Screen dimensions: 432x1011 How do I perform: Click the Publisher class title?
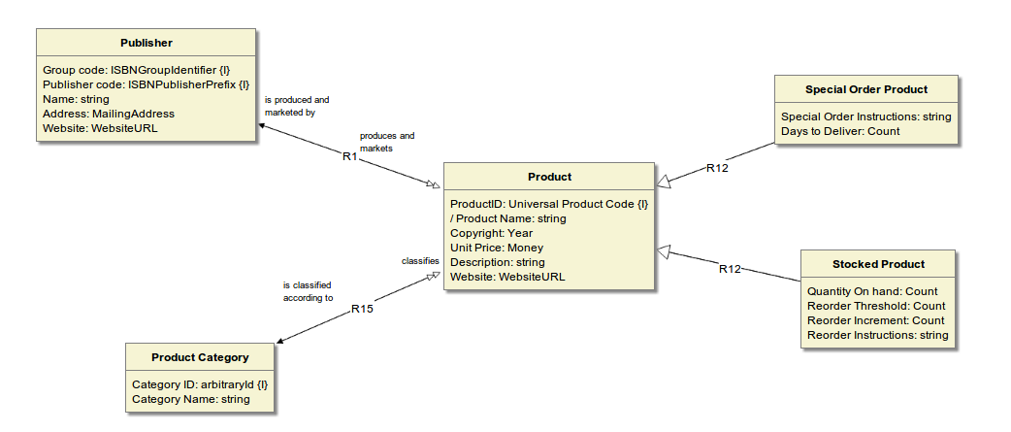pyautogui.click(x=147, y=43)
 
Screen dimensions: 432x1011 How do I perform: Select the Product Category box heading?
pyautogui.click(x=200, y=357)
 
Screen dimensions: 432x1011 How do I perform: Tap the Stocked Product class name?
pyautogui.click(x=878, y=264)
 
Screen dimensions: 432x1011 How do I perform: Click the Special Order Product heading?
pyautogui.click(x=866, y=89)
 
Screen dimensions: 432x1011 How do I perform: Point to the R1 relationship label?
pyautogui.click(x=350, y=156)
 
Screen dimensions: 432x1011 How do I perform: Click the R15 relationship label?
pyautogui.click(x=362, y=309)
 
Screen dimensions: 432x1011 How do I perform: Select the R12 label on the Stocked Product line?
pyautogui.click(x=730, y=269)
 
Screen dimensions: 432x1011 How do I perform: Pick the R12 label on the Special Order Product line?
pyautogui.click(x=717, y=168)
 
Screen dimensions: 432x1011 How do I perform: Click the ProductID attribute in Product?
pyautogui.click(x=548, y=205)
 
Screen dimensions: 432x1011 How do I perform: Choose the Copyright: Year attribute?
pyautogui.click(x=491, y=234)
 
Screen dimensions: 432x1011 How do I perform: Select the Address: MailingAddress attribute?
pyautogui.click(x=109, y=114)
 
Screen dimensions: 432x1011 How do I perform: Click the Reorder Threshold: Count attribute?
pyautogui.click(x=875, y=306)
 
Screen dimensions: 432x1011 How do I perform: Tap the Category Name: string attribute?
pyautogui.click(x=190, y=399)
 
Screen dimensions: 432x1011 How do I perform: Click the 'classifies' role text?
pyautogui.click(x=420, y=261)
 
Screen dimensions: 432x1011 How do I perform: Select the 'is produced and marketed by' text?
pyautogui.click(x=297, y=106)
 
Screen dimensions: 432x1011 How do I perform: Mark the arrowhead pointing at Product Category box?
pyautogui.click(x=280, y=341)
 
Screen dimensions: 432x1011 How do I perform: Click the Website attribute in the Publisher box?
pyautogui.click(x=100, y=128)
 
